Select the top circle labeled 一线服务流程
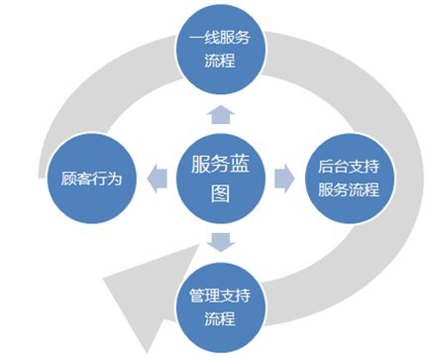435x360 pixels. [x=221, y=51]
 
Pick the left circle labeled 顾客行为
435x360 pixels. [x=91, y=180]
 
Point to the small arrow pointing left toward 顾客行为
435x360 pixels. [x=156, y=179]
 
